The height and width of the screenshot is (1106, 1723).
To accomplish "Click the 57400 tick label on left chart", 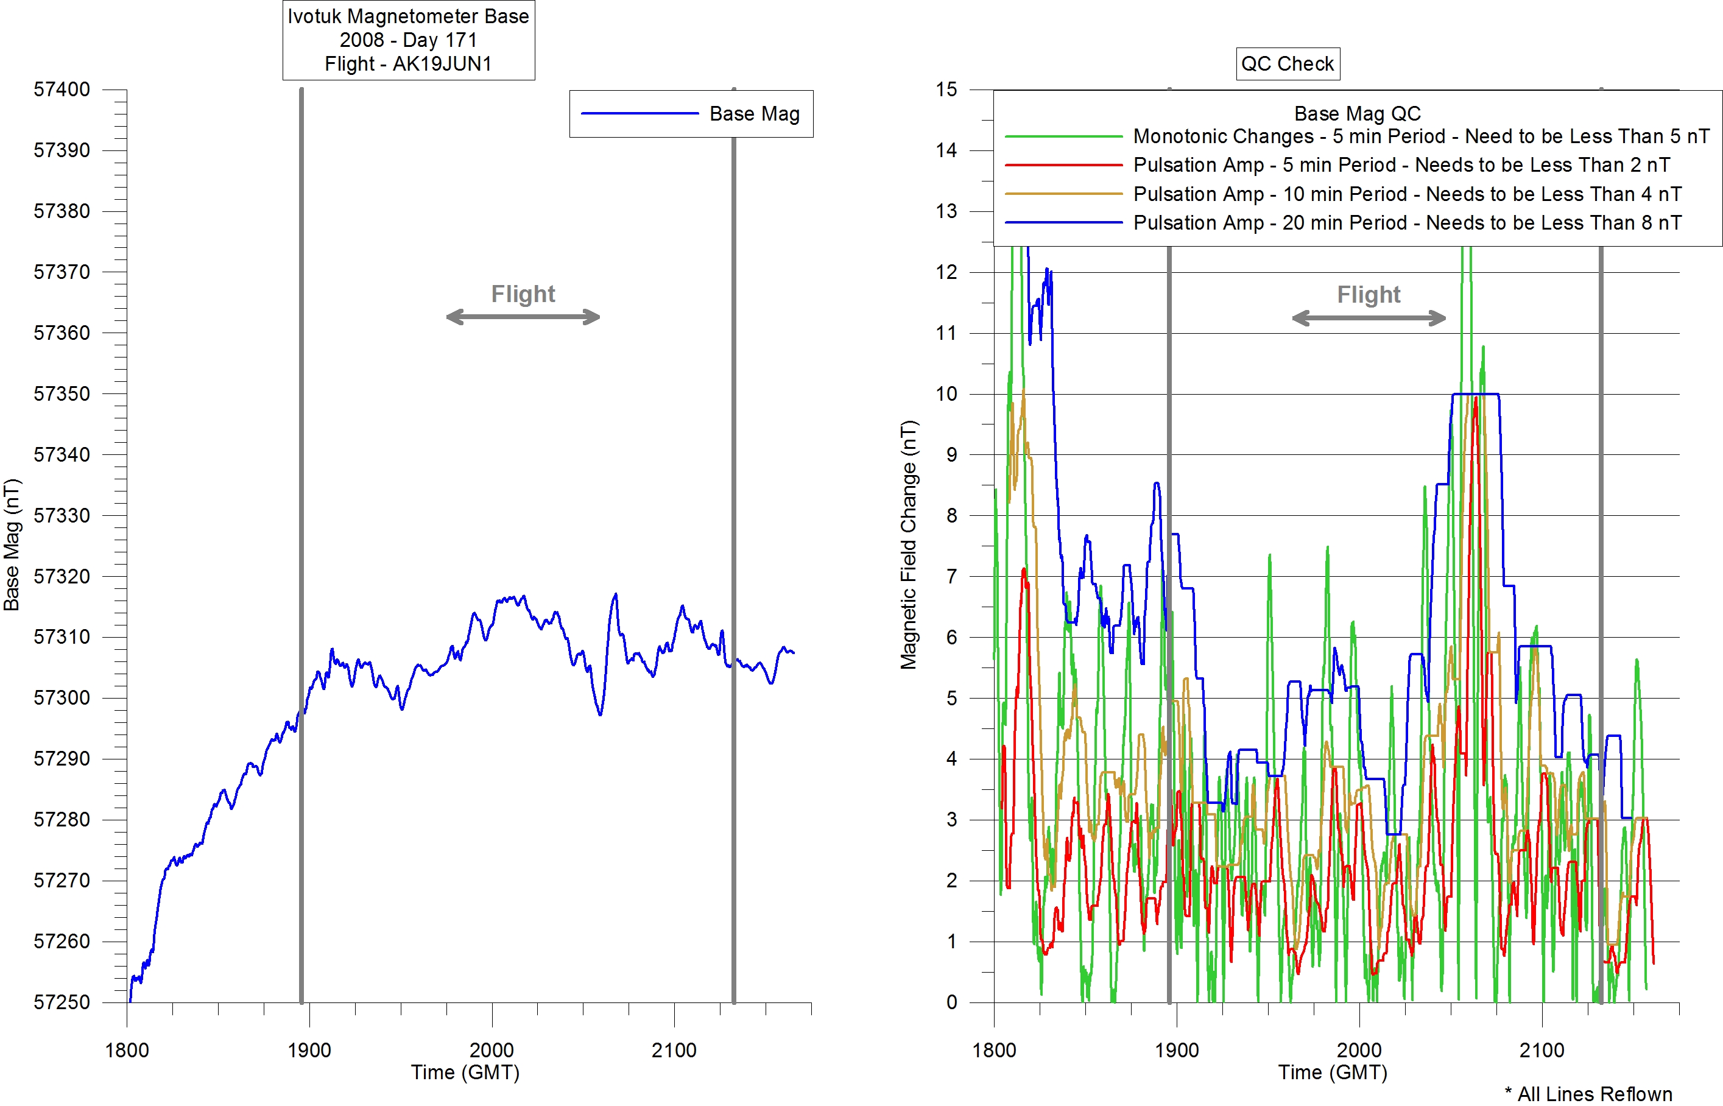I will click(62, 90).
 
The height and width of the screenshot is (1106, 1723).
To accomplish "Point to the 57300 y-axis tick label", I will click(62, 698).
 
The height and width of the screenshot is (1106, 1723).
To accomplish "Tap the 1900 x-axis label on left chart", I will click(309, 1051).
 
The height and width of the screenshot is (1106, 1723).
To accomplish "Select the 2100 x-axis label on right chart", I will click(1542, 1051).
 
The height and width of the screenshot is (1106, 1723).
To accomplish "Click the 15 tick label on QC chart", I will click(946, 90).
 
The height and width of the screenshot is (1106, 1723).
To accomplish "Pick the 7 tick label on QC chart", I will click(951, 577).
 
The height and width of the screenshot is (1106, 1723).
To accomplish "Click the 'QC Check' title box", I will click(1287, 64).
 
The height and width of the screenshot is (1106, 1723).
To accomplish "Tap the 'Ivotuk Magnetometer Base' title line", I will click(408, 16).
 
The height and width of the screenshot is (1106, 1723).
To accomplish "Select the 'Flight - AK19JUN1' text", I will click(408, 64).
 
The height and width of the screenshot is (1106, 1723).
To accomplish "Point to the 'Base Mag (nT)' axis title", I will click(12, 545).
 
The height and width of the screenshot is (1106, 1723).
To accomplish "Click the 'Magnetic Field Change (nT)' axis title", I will click(909, 545).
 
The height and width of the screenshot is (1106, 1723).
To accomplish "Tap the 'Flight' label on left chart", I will click(523, 294).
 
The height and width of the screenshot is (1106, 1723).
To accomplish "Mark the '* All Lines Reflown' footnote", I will click(1588, 1094).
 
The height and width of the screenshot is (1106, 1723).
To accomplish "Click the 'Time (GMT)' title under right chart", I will click(1332, 1073).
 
